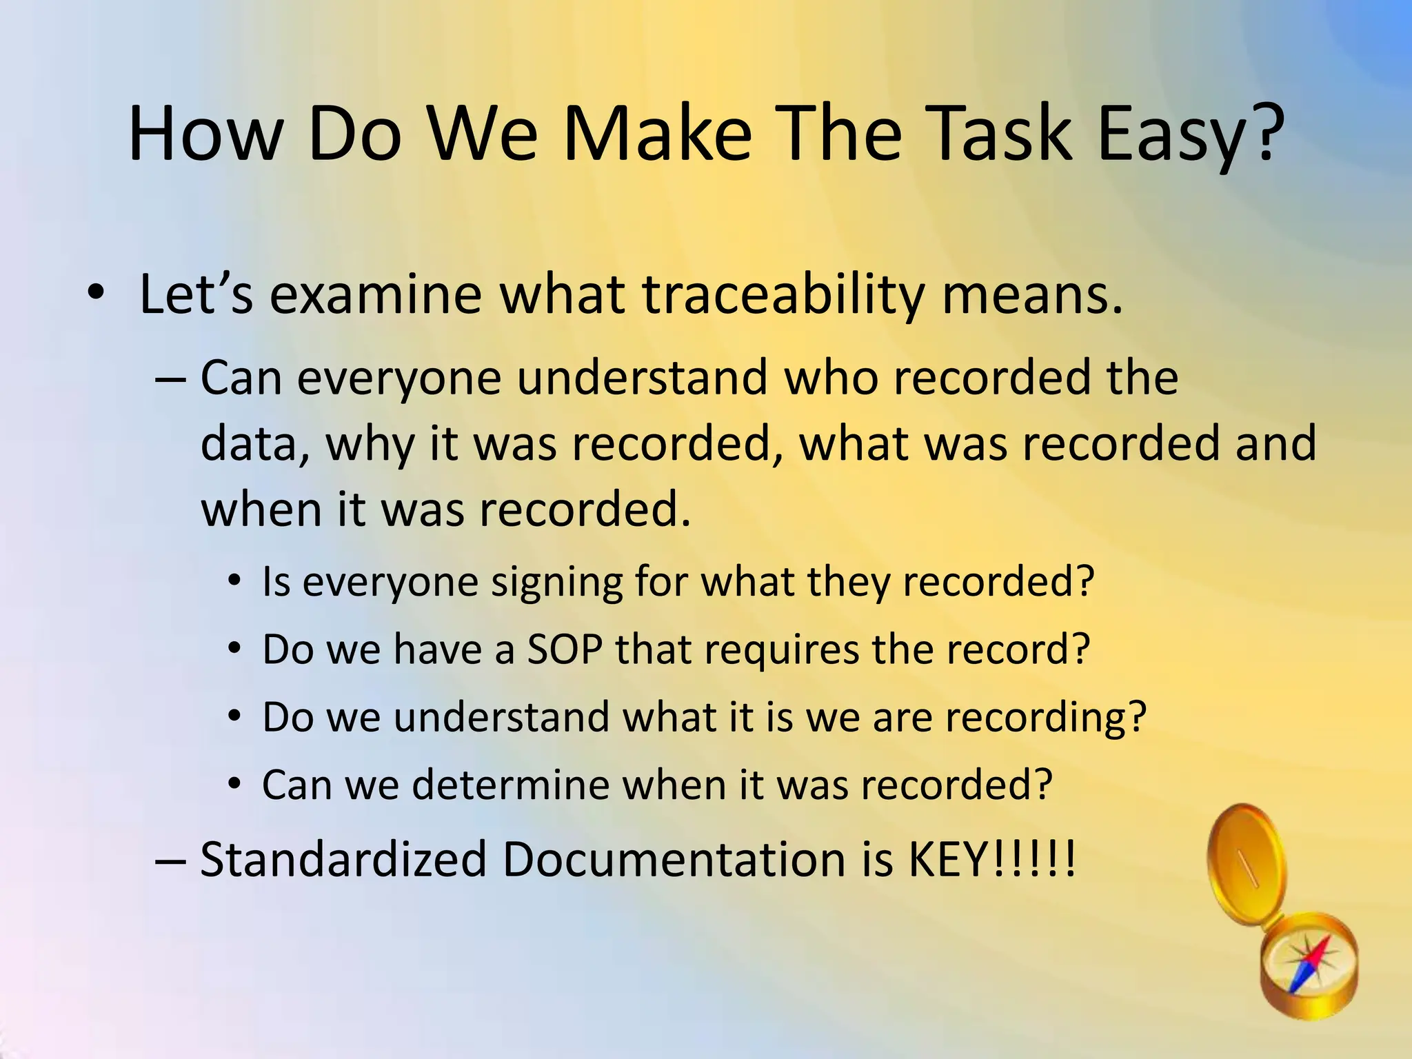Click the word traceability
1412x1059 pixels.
[783, 294]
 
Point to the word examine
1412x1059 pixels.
[375, 294]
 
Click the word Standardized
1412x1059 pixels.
[343, 860]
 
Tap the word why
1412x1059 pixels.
[370, 445]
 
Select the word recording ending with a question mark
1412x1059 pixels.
[1045, 717]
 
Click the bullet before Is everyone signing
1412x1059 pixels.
[235, 582]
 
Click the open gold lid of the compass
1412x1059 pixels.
[1247, 862]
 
